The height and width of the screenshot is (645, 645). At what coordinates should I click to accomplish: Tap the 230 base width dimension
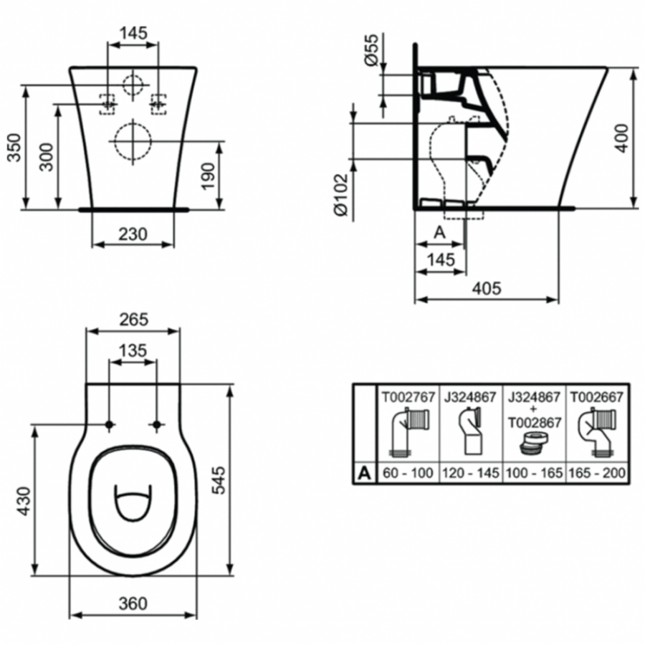(133, 234)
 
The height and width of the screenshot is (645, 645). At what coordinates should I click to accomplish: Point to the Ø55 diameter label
(371, 51)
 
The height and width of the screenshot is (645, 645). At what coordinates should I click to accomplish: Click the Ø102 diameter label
(341, 194)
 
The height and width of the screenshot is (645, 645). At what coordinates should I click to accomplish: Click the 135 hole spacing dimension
(133, 350)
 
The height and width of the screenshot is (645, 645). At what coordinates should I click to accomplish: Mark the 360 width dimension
(133, 603)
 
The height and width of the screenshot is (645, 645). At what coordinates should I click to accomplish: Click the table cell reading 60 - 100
(406, 474)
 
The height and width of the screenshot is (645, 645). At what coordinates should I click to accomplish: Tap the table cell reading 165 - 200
(596, 474)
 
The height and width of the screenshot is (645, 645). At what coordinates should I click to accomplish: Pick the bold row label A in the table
(364, 473)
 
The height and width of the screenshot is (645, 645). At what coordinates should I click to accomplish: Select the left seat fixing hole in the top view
(109, 425)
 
